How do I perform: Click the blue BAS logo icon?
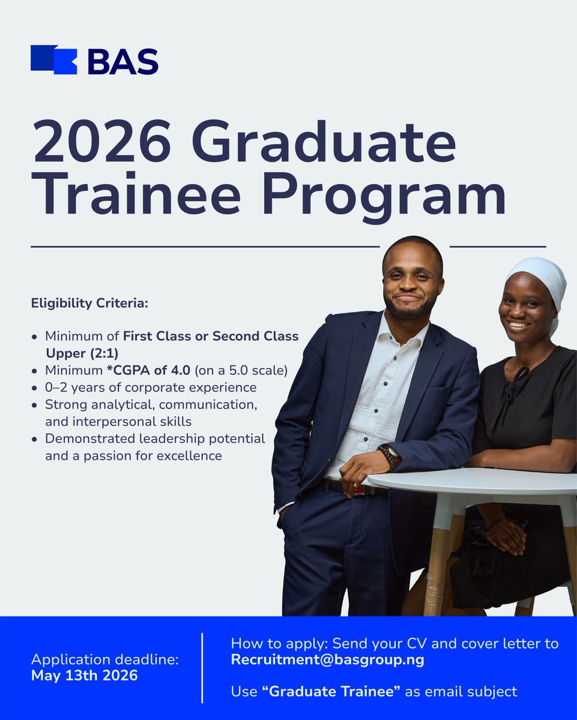[x=54, y=60]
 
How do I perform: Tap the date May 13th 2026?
[x=84, y=675]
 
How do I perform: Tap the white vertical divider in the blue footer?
[x=202, y=667]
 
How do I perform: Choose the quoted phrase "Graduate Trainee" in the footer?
[x=331, y=691]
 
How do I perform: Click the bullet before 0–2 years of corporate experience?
[x=35, y=388]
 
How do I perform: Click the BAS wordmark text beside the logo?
[x=122, y=61]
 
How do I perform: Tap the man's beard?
[x=409, y=309]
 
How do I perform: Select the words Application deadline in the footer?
[x=104, y=659]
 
